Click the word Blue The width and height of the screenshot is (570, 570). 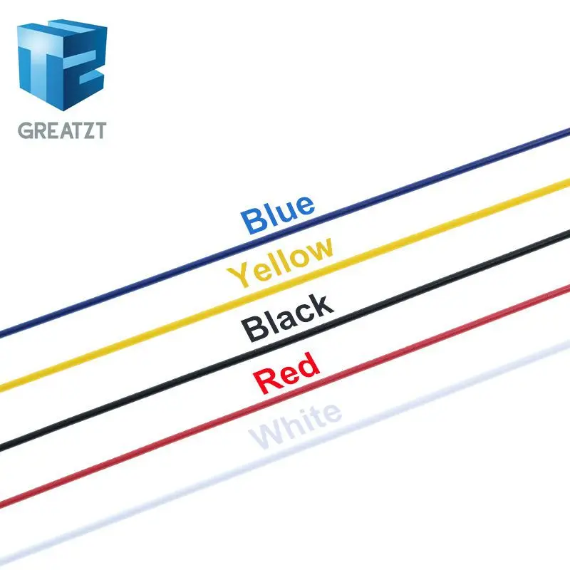click(278, 213)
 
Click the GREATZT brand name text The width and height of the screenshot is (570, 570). click(61, 131)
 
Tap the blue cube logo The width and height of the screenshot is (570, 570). click(62, 64)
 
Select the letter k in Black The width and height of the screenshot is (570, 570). click(321, 305)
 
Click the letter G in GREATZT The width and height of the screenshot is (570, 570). click(25, 131)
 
